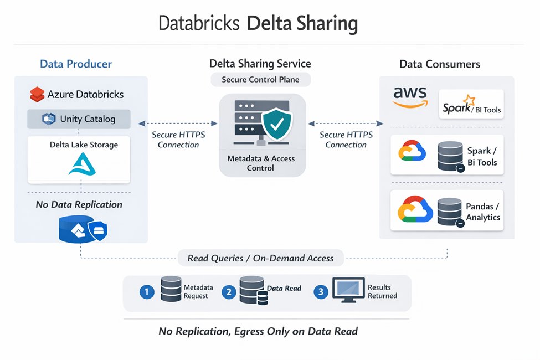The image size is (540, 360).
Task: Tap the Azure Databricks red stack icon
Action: [x=37, y=95]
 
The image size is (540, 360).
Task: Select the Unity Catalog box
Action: [x=79, y=119]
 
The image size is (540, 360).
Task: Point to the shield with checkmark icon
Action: [x=276, y=124]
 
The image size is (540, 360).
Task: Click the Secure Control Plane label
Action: [x=260, y=79]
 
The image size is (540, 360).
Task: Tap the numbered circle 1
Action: [x=146, y=292]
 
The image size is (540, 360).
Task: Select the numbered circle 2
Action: [x=229, y=292]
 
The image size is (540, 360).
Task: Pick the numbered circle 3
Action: [x=321, y=292]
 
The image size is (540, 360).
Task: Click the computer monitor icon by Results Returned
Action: [x=348, y=290]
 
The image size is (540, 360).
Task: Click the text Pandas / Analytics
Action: [x=482, y=212]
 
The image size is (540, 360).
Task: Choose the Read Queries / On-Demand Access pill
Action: [x=260, y=258]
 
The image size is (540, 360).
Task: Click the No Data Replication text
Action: [x=79, y=204]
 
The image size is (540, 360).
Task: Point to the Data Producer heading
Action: [x=76, y=64]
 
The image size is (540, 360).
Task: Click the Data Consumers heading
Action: [x=439, y=64]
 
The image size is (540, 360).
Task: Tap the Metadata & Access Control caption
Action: [x=261, y=163]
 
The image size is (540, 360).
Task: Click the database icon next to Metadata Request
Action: [x=171, y=289]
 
